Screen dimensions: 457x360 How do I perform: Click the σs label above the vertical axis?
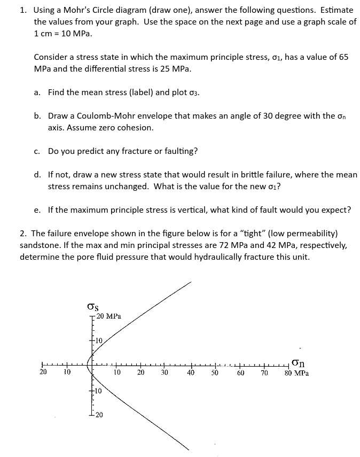coord(92,307)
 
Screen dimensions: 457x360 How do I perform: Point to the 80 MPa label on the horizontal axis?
coord(297,373)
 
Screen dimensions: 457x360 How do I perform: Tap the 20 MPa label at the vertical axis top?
coord(109,316)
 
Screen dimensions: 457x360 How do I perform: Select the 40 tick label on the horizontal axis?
coord(190,373)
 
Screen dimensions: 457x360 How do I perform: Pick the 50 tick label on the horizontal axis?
coord(215,373)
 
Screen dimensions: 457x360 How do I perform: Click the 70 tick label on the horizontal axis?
coord(264,373)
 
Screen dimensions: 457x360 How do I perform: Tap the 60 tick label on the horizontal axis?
coord(240,373)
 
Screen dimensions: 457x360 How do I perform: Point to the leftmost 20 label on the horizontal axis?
coord(43,373)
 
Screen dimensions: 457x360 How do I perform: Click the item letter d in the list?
coord(37,174)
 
